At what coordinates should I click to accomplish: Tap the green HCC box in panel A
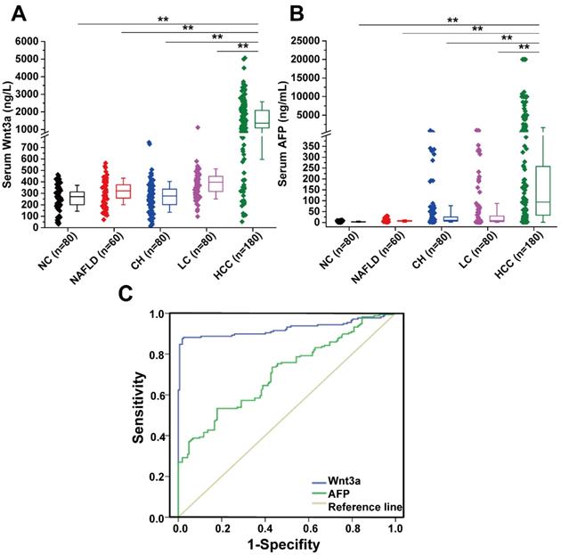pos(261,120)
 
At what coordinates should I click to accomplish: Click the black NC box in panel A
pos(77,197)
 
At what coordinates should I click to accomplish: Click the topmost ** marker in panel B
pos(453,20)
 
